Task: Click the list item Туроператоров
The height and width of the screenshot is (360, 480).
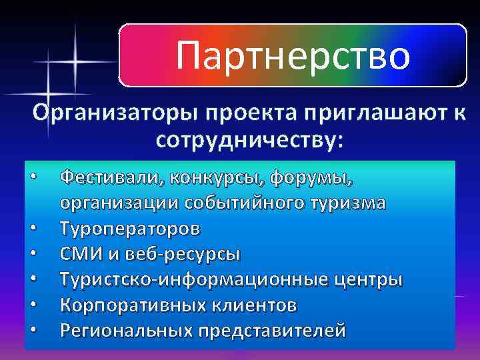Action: [129, 229]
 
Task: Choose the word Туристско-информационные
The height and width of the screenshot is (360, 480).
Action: [194, 279]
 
